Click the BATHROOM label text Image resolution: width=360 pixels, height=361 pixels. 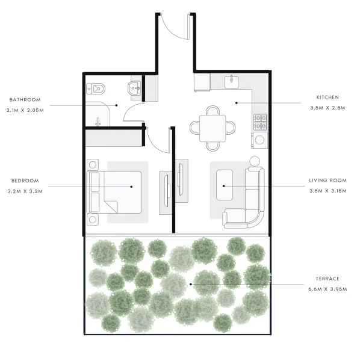pyautogui.click(x=25, y=99)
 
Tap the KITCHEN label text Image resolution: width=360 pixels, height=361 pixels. pyautogui.click(x=328, y=97)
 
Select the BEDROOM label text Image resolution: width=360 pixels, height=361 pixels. pyautogui.click(x=25, y=180)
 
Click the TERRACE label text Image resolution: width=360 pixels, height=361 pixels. pyautogui.click(x=327, y=279)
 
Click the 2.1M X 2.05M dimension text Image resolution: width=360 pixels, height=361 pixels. pyautogui.click(x=25, y=111)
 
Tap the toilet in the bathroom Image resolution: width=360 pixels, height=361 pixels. pyautogui.click(x=96, y=89)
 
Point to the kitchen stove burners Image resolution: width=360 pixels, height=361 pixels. pyautogui.click(x=260, y=122)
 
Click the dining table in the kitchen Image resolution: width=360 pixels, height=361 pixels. pyautogui.click(x=213, y=128)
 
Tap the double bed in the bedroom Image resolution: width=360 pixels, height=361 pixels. pyautogui.click(x=117, y=191)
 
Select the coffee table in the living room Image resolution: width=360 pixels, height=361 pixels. pyautogui.click(x=224, y=186)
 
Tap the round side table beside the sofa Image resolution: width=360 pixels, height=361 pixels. pyautogui.click(x=255, y=161)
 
